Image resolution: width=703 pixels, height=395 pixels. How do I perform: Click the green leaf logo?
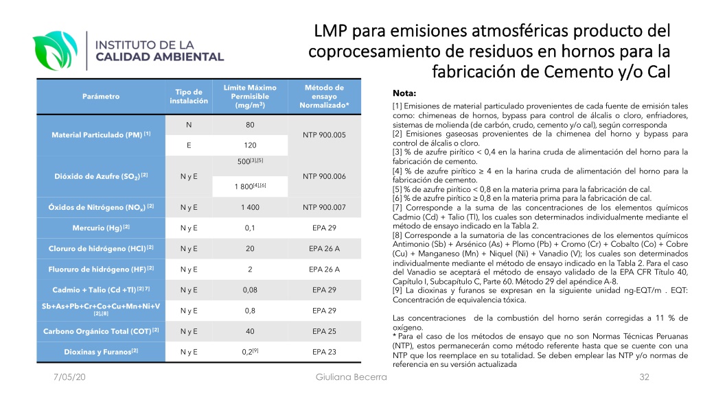[x=55, y=50]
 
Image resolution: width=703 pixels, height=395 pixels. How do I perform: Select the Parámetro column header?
[x=101, y=96]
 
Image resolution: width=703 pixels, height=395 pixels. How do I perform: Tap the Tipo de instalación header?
[x=189, y=96]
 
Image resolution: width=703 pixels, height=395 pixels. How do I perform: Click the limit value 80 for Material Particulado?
[x=250, y=125]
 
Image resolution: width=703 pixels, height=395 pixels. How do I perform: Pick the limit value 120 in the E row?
[x=250, y=145]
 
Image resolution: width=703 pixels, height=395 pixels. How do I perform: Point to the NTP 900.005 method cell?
[x=324, y=135]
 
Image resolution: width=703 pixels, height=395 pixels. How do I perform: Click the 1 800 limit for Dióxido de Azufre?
[x=250, y=186]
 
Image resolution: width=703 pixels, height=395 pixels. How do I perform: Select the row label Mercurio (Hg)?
[x=101, y=228]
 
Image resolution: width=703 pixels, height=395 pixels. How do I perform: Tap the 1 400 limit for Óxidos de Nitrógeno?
[x=250, y=207]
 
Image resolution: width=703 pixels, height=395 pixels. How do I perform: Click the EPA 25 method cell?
[x=324, y=331]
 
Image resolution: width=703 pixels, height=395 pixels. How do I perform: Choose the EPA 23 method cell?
[x=324, y=352]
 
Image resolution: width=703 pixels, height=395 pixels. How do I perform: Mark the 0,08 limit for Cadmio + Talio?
[x=250, y=290]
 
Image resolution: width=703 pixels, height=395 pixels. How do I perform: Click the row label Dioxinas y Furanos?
[x=101, y=352]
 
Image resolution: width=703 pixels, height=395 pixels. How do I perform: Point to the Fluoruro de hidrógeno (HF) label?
[x=101, y=269]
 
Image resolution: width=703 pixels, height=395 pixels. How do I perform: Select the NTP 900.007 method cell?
[x=324, y=207]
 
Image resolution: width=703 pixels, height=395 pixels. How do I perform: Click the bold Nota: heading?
[x=404, y=93]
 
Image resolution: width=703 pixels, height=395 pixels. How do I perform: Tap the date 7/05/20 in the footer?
[x=69, y=377]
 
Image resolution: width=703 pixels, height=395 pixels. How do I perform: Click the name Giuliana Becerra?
[x=351, y=377]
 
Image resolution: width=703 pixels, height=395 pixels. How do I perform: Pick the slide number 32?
[x=644, y=377]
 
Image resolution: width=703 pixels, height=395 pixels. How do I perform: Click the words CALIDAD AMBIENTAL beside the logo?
[x=159, y=57]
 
